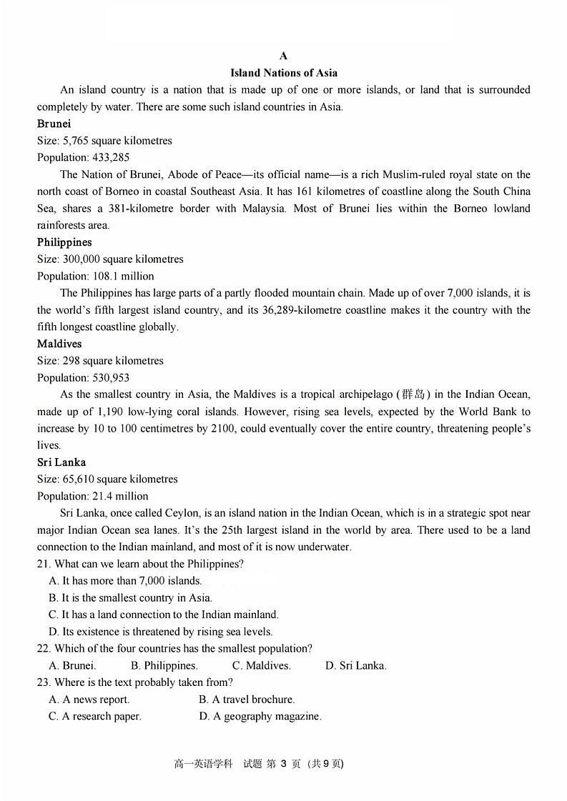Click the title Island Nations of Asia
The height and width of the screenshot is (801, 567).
tap(284, 73)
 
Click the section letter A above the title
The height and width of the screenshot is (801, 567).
tap(284, 56)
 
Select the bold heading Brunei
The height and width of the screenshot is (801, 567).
tap(54, 124)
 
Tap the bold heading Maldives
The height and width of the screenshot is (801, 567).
tap(59, 344)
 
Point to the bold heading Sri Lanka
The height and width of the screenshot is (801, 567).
tap(61, 462)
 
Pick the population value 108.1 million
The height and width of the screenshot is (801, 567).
tap(124, 276)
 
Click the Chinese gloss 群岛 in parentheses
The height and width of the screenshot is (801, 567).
tap(413, 394)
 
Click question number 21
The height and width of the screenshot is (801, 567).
tap(44, 564)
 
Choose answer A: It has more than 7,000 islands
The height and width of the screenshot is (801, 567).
tap(125, 581)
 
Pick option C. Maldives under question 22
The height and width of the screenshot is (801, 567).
tap(261, 665)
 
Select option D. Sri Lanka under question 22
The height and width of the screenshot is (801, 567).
tap(355, 665)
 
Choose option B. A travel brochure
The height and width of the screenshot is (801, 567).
tap(247, 700)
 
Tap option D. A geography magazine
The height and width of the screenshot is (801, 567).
tap(260, 716)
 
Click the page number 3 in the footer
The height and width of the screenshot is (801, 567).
tap(283, 764)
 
